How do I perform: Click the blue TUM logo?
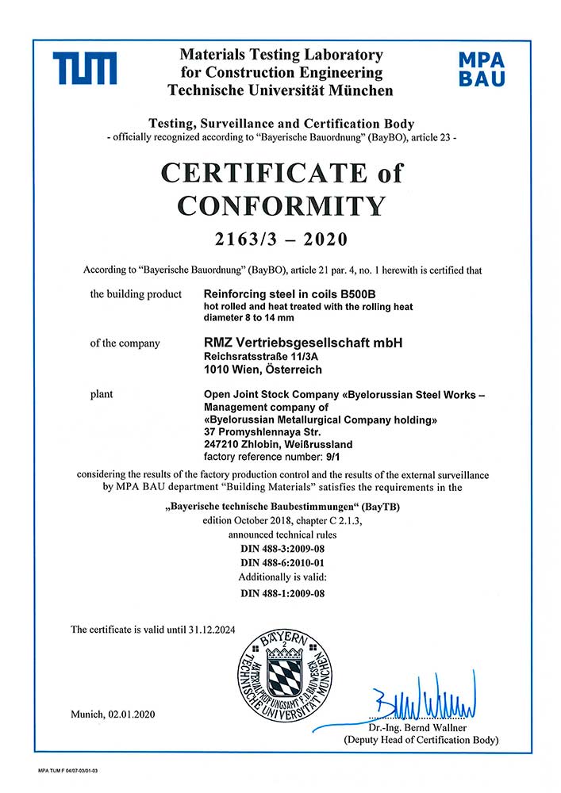tap(85, 68)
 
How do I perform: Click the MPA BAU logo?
tap(482, 69)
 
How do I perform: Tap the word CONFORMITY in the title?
tap(281, 205)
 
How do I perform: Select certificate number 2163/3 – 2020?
tap(281, 239)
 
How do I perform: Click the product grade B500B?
tap(340, 294)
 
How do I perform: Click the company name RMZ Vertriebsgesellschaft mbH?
tap(303, 343)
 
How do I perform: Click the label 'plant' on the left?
tap(102, 393)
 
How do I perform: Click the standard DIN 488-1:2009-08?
tap(282, 592)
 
